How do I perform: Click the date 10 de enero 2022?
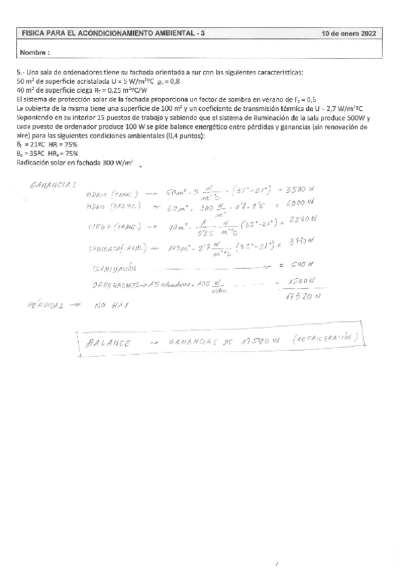coord(349,32)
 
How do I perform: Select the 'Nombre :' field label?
coord(35,52)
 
